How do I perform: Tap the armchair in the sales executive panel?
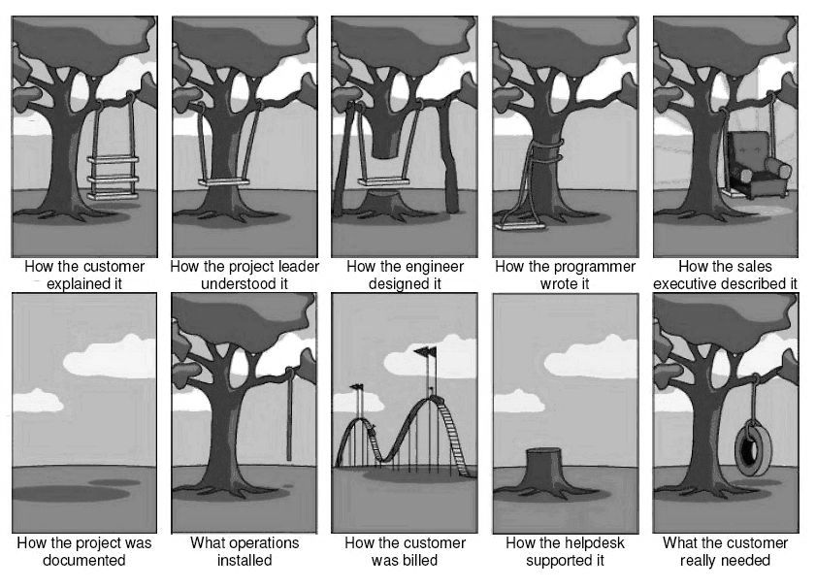pyautogui.click(x=758, y=166)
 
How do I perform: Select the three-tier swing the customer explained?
pyautogui.click(x=113, y=178)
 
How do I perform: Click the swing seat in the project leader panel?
pyautogui.click(x=224, y=182)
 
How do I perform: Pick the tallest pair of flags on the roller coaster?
pyautogui.click(x=426, y=352)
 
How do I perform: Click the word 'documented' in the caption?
pyautogui.click(x=84, y=560)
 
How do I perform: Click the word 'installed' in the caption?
pyautogui.click(x=245, y=560)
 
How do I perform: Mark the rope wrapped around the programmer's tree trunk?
pyautogui.click(x=546, y=149)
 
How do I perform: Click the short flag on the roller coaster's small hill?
pyautogui.click(x=357, y=386)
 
